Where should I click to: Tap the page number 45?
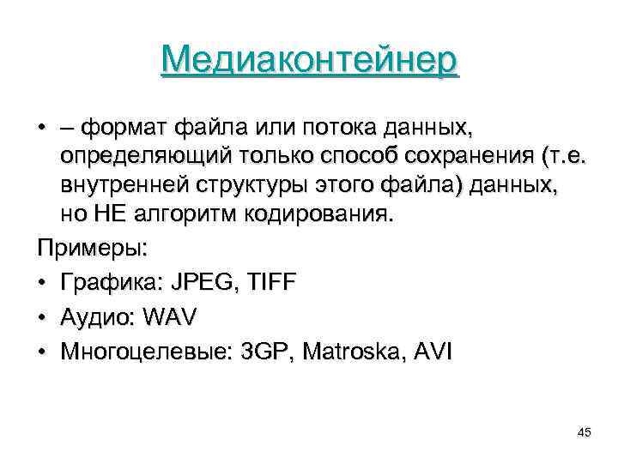pos(585,431)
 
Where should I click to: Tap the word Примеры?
pos(92,250)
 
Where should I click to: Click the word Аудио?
pos(93,317)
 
